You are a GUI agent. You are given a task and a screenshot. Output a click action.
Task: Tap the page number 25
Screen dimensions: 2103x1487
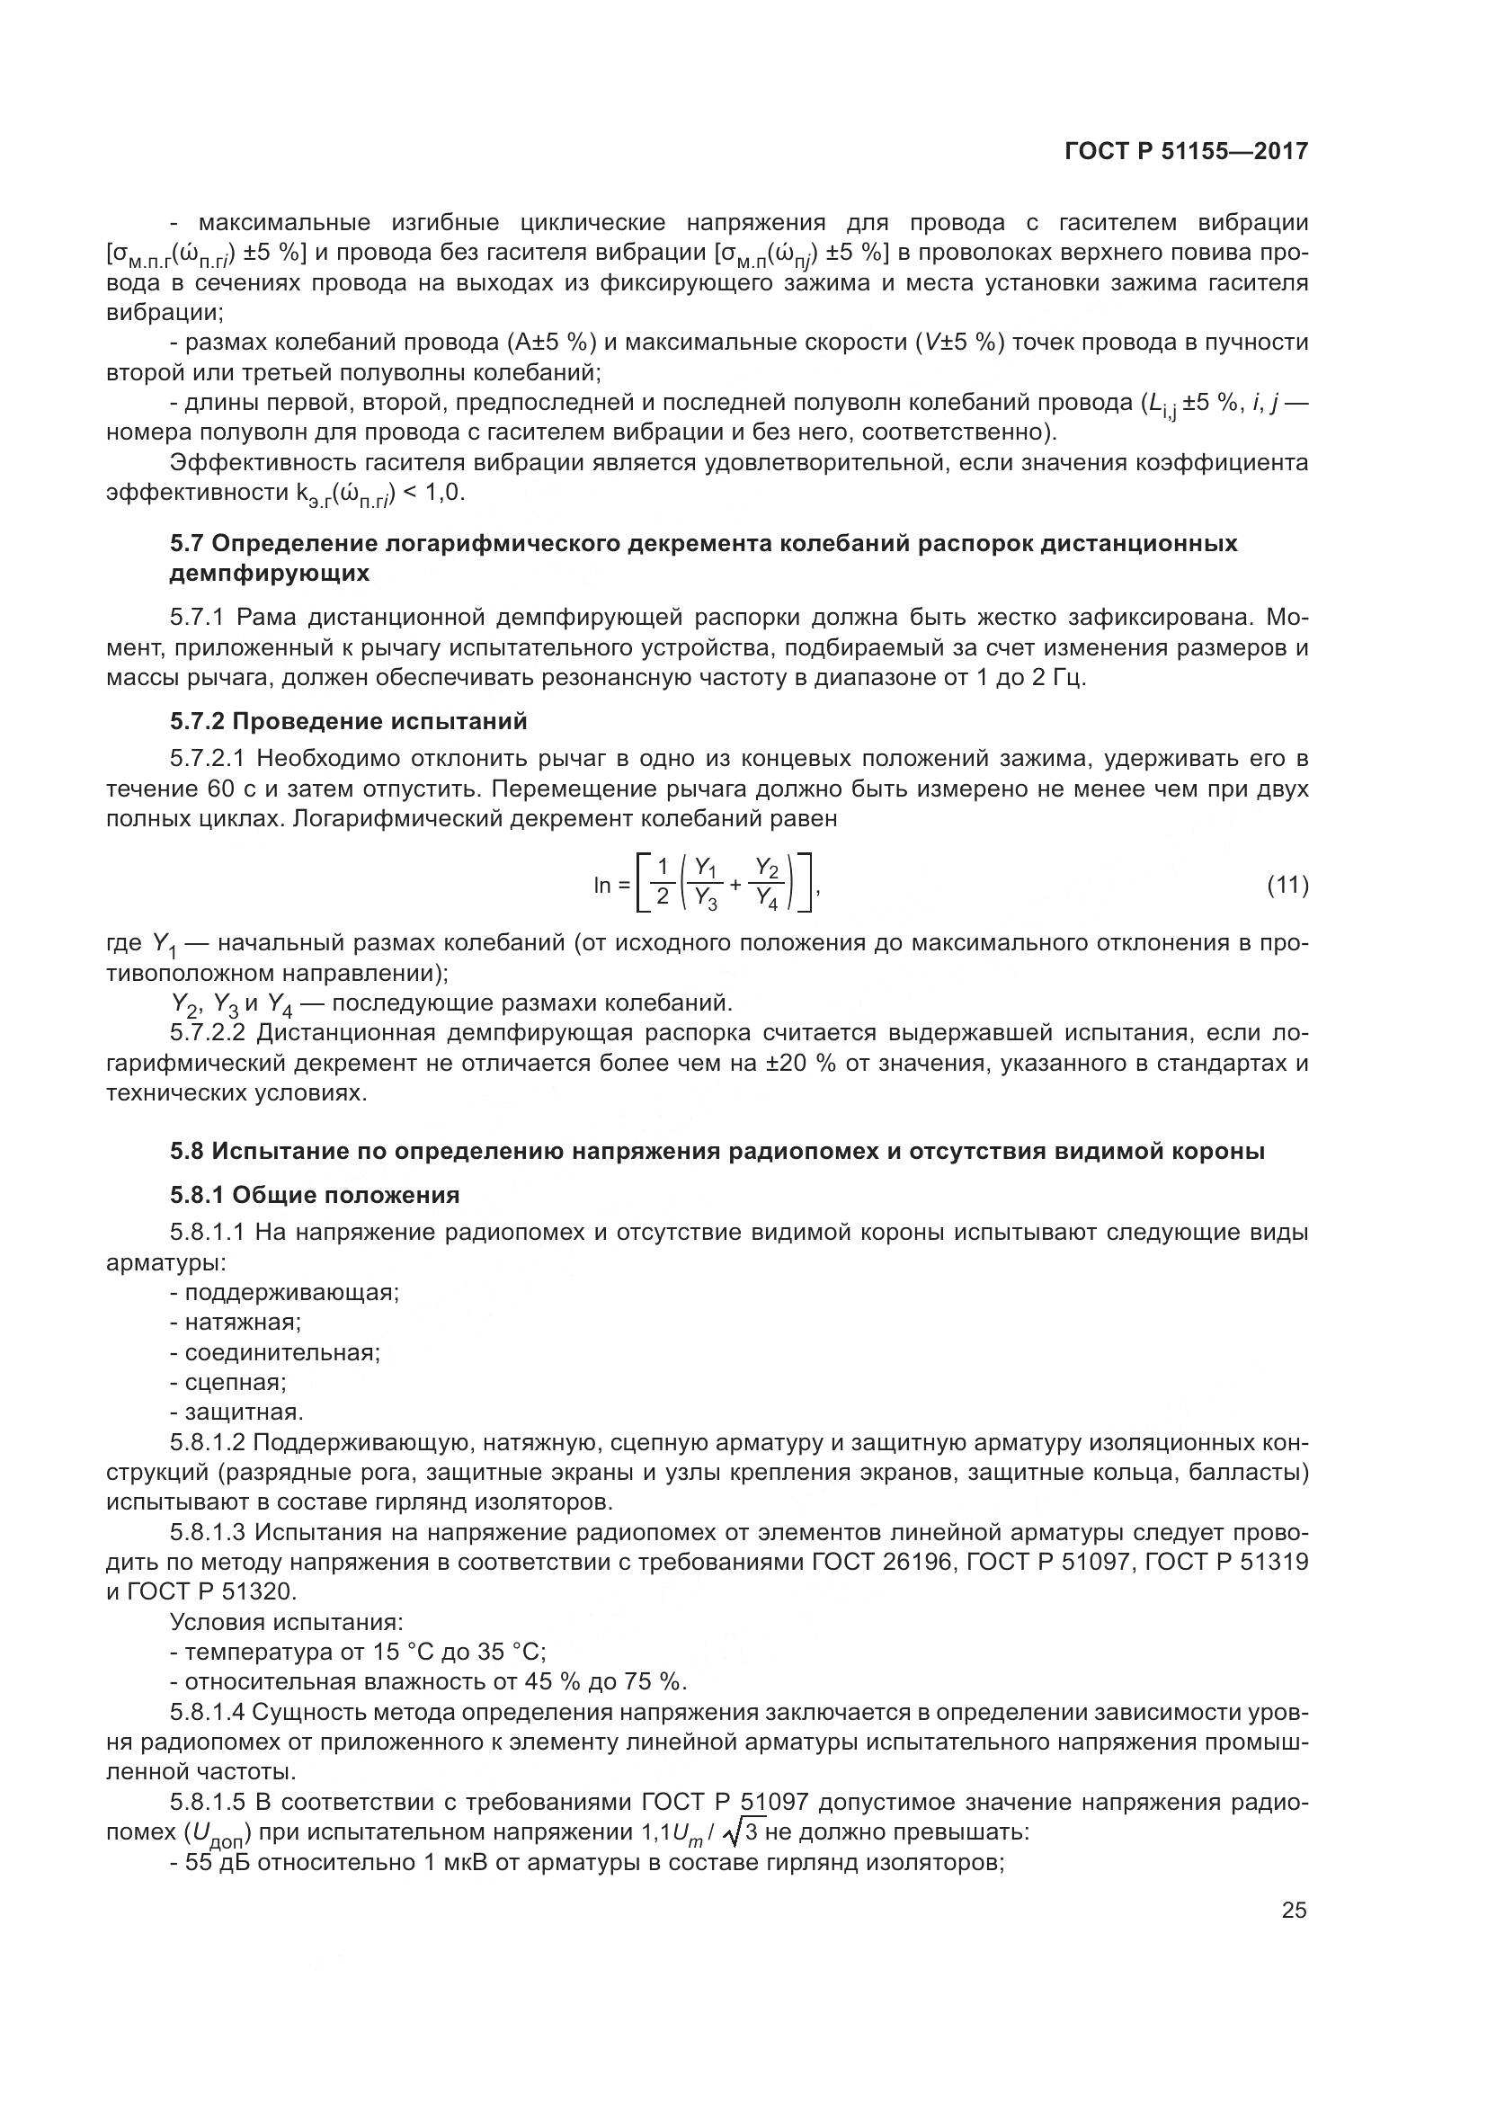click(1294, 1910)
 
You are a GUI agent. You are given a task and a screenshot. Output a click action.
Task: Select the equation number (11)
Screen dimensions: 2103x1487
click(1287, 885)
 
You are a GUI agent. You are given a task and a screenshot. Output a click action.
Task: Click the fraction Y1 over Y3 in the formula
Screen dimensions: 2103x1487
click(705, 883)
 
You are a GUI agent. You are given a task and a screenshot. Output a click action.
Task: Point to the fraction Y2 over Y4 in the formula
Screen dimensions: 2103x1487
click(766, 883)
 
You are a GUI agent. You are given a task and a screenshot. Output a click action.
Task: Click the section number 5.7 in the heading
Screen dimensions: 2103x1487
click(187, 543)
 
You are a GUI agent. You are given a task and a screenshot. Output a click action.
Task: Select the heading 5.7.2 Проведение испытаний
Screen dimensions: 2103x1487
click(348, 722)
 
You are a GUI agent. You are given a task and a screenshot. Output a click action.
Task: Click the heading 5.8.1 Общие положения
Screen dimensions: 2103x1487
click(314, 1194)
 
